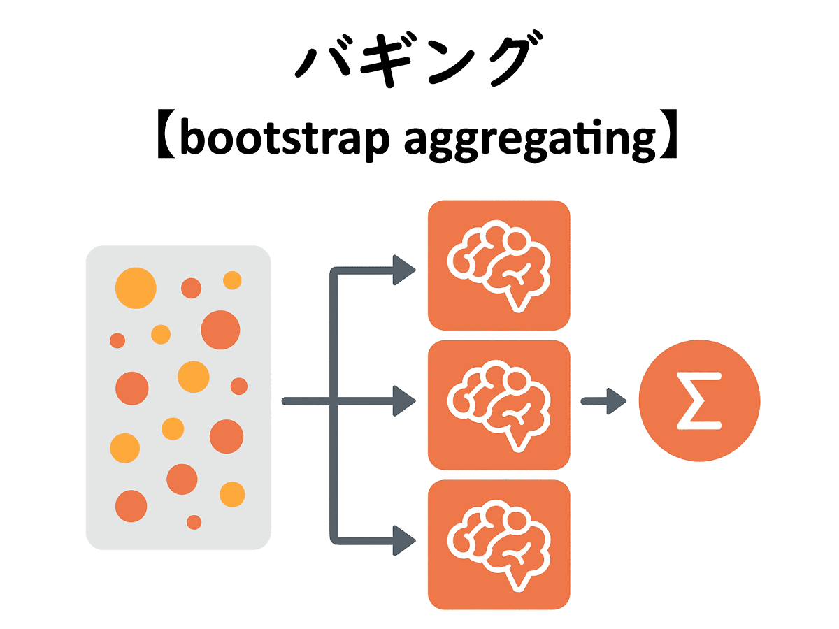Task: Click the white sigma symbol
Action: (x=698, y=403)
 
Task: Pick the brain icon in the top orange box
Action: (x=498, y=264)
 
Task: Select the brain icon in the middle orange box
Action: (x=498, y=404)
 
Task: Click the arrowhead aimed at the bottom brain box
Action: (x=405, y=539)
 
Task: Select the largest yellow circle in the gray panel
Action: (x=136, y=287)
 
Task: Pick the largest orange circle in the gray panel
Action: (x=220, y=329)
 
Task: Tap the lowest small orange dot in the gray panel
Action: (x=194, y=522)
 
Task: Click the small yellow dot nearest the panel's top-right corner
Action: (x=232, y=280)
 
